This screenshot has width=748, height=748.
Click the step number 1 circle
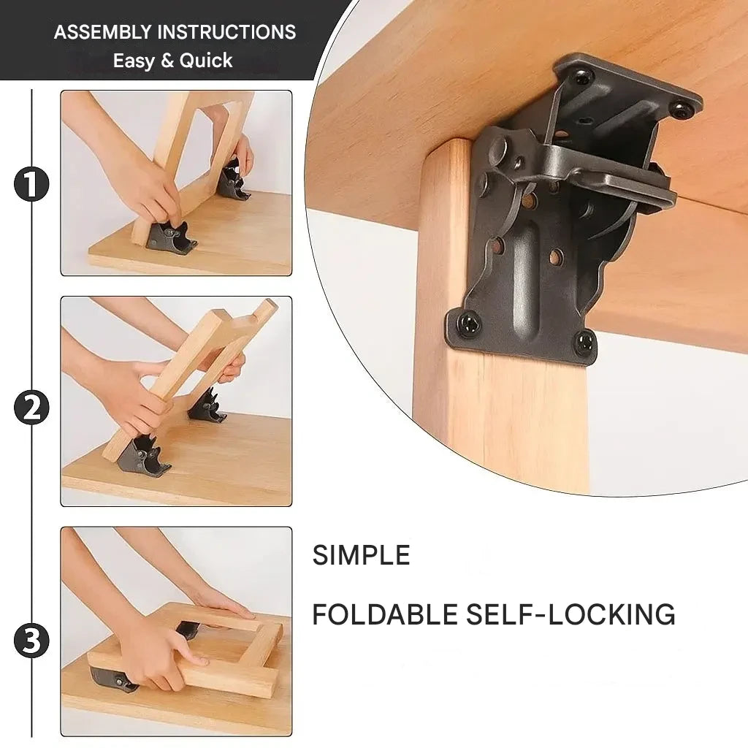coord(31,184)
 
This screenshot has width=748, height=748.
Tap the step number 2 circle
coord(31,408)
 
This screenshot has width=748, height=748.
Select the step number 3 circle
coord(31,641)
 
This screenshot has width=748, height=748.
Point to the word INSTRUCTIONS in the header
coord(226,32)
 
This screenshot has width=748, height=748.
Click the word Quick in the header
coord(206,61)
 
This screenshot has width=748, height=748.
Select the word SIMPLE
coord(361,555)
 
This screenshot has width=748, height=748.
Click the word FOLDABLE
coord(385,614)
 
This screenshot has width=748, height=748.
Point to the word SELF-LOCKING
coord(570,614)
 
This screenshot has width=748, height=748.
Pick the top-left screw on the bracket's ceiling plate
coord(584,75)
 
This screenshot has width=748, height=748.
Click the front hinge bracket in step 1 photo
coord(172,236)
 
